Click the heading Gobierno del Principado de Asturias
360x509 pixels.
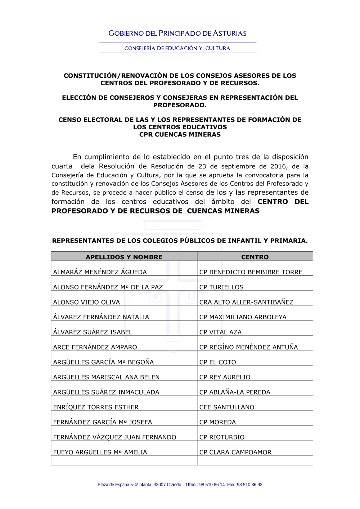tap(177, 33)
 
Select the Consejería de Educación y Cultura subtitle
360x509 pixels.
tap(177, 48)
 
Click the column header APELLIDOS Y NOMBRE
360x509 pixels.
tap(124, 257)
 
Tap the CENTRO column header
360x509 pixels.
tap(255, 257)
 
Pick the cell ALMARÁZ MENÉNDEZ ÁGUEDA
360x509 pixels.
tap(100, 272)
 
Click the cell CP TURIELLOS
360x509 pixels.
tap(221, 287)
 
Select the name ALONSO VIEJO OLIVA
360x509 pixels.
tap(86, 302)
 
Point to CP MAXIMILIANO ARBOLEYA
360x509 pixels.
tap(243, 317)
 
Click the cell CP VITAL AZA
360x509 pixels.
tap(220, 332)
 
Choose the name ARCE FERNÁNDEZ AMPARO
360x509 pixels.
tap(95, 347)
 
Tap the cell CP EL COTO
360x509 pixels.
tap(218, 362)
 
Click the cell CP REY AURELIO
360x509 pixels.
tap(225, 377)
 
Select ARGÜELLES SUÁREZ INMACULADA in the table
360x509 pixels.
tap(106, 392)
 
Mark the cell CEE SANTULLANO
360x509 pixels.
tap(227, 407)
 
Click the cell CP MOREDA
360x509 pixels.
tap(218, 422)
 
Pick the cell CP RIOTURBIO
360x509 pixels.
tap(222, 437)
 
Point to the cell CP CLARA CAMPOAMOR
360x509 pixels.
tap(235, 452)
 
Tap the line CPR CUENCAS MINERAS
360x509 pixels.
tap(180, 135)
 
